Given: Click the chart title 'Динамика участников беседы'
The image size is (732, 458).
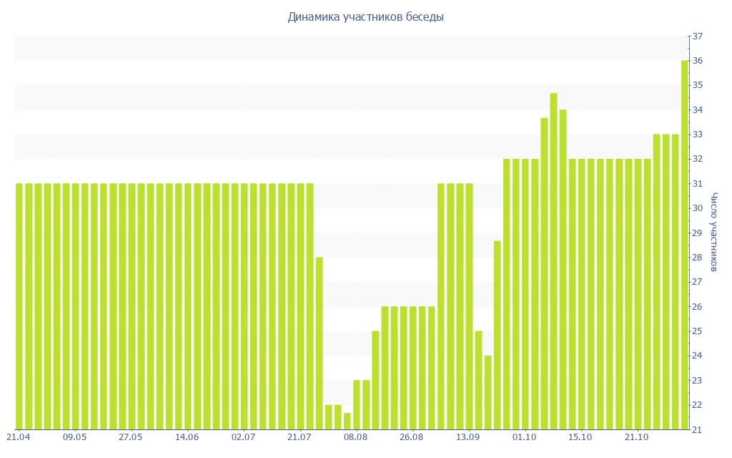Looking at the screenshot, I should pos(365,16).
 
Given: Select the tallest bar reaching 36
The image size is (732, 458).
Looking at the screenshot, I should pos(685,245).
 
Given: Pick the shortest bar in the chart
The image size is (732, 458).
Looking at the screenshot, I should pos(347,422).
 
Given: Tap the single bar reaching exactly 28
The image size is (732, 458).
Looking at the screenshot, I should pos(320,343).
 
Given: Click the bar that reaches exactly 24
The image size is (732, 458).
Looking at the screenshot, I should pos(488,392).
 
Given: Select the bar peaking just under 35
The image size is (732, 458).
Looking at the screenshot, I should pos(553,261).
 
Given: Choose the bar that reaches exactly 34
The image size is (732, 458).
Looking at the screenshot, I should pos(563,269).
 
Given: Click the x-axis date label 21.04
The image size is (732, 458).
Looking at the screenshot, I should pos(18,437).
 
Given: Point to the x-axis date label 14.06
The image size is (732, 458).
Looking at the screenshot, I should pos(187,437).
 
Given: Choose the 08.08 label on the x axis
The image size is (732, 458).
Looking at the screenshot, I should pos(355,437).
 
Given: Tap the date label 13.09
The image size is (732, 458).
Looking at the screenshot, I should pos(468,437).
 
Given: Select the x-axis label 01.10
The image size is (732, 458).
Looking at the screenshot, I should pos(524,437).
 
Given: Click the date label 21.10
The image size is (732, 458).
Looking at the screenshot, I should pos(636,437).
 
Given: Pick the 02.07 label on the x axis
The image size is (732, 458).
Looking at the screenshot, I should pos(243,437).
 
